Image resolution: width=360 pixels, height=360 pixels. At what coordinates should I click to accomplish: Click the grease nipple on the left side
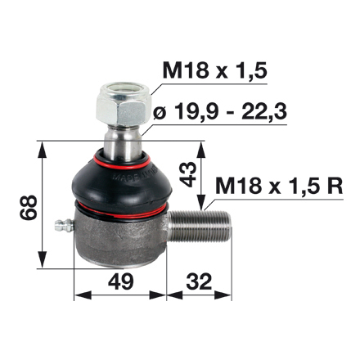point(61,225)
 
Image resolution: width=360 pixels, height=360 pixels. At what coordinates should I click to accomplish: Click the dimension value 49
point(119,283)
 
